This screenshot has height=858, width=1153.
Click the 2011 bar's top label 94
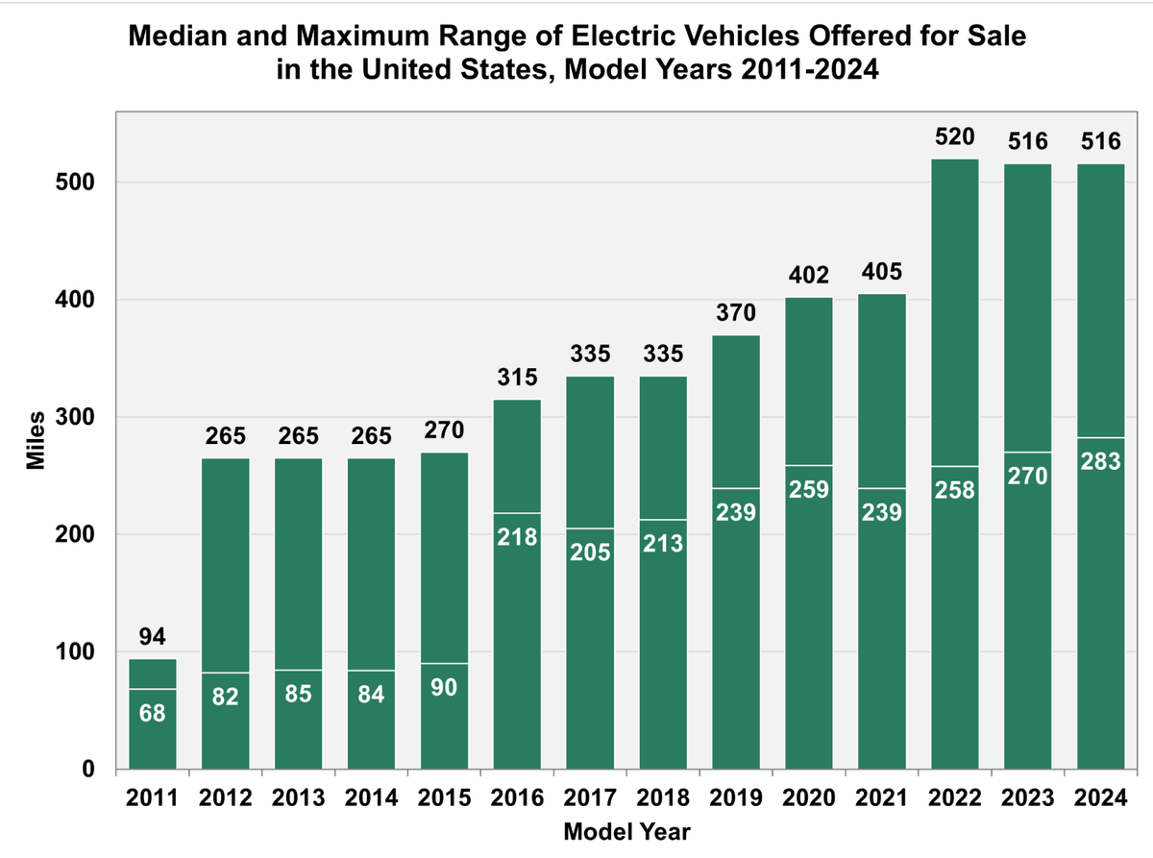(153, 637)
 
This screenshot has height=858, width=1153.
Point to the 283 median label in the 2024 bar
(1100, 462)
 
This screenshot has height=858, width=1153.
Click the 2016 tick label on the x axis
(517, 799)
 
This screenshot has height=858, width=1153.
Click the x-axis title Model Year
(626, 832)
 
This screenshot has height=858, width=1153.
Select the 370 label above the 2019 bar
(736, 313)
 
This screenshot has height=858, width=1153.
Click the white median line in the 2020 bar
(809, 466)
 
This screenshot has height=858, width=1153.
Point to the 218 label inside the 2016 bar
(517, 538)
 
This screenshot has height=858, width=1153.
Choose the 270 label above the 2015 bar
(444, 430)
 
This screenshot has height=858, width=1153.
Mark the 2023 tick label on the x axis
(1027, 799)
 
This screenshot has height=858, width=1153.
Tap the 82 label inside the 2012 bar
(226, 698)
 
